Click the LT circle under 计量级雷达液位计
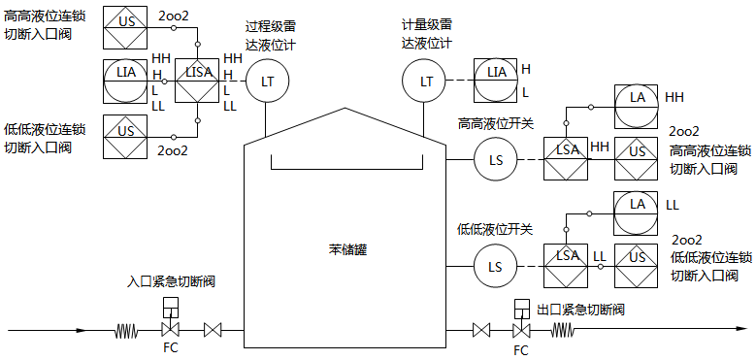click(425, 82)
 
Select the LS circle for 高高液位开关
click(495, 158)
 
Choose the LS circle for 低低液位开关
click(495, 266)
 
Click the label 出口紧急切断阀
click(579, 310)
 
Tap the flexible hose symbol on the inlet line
click(126, 331)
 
